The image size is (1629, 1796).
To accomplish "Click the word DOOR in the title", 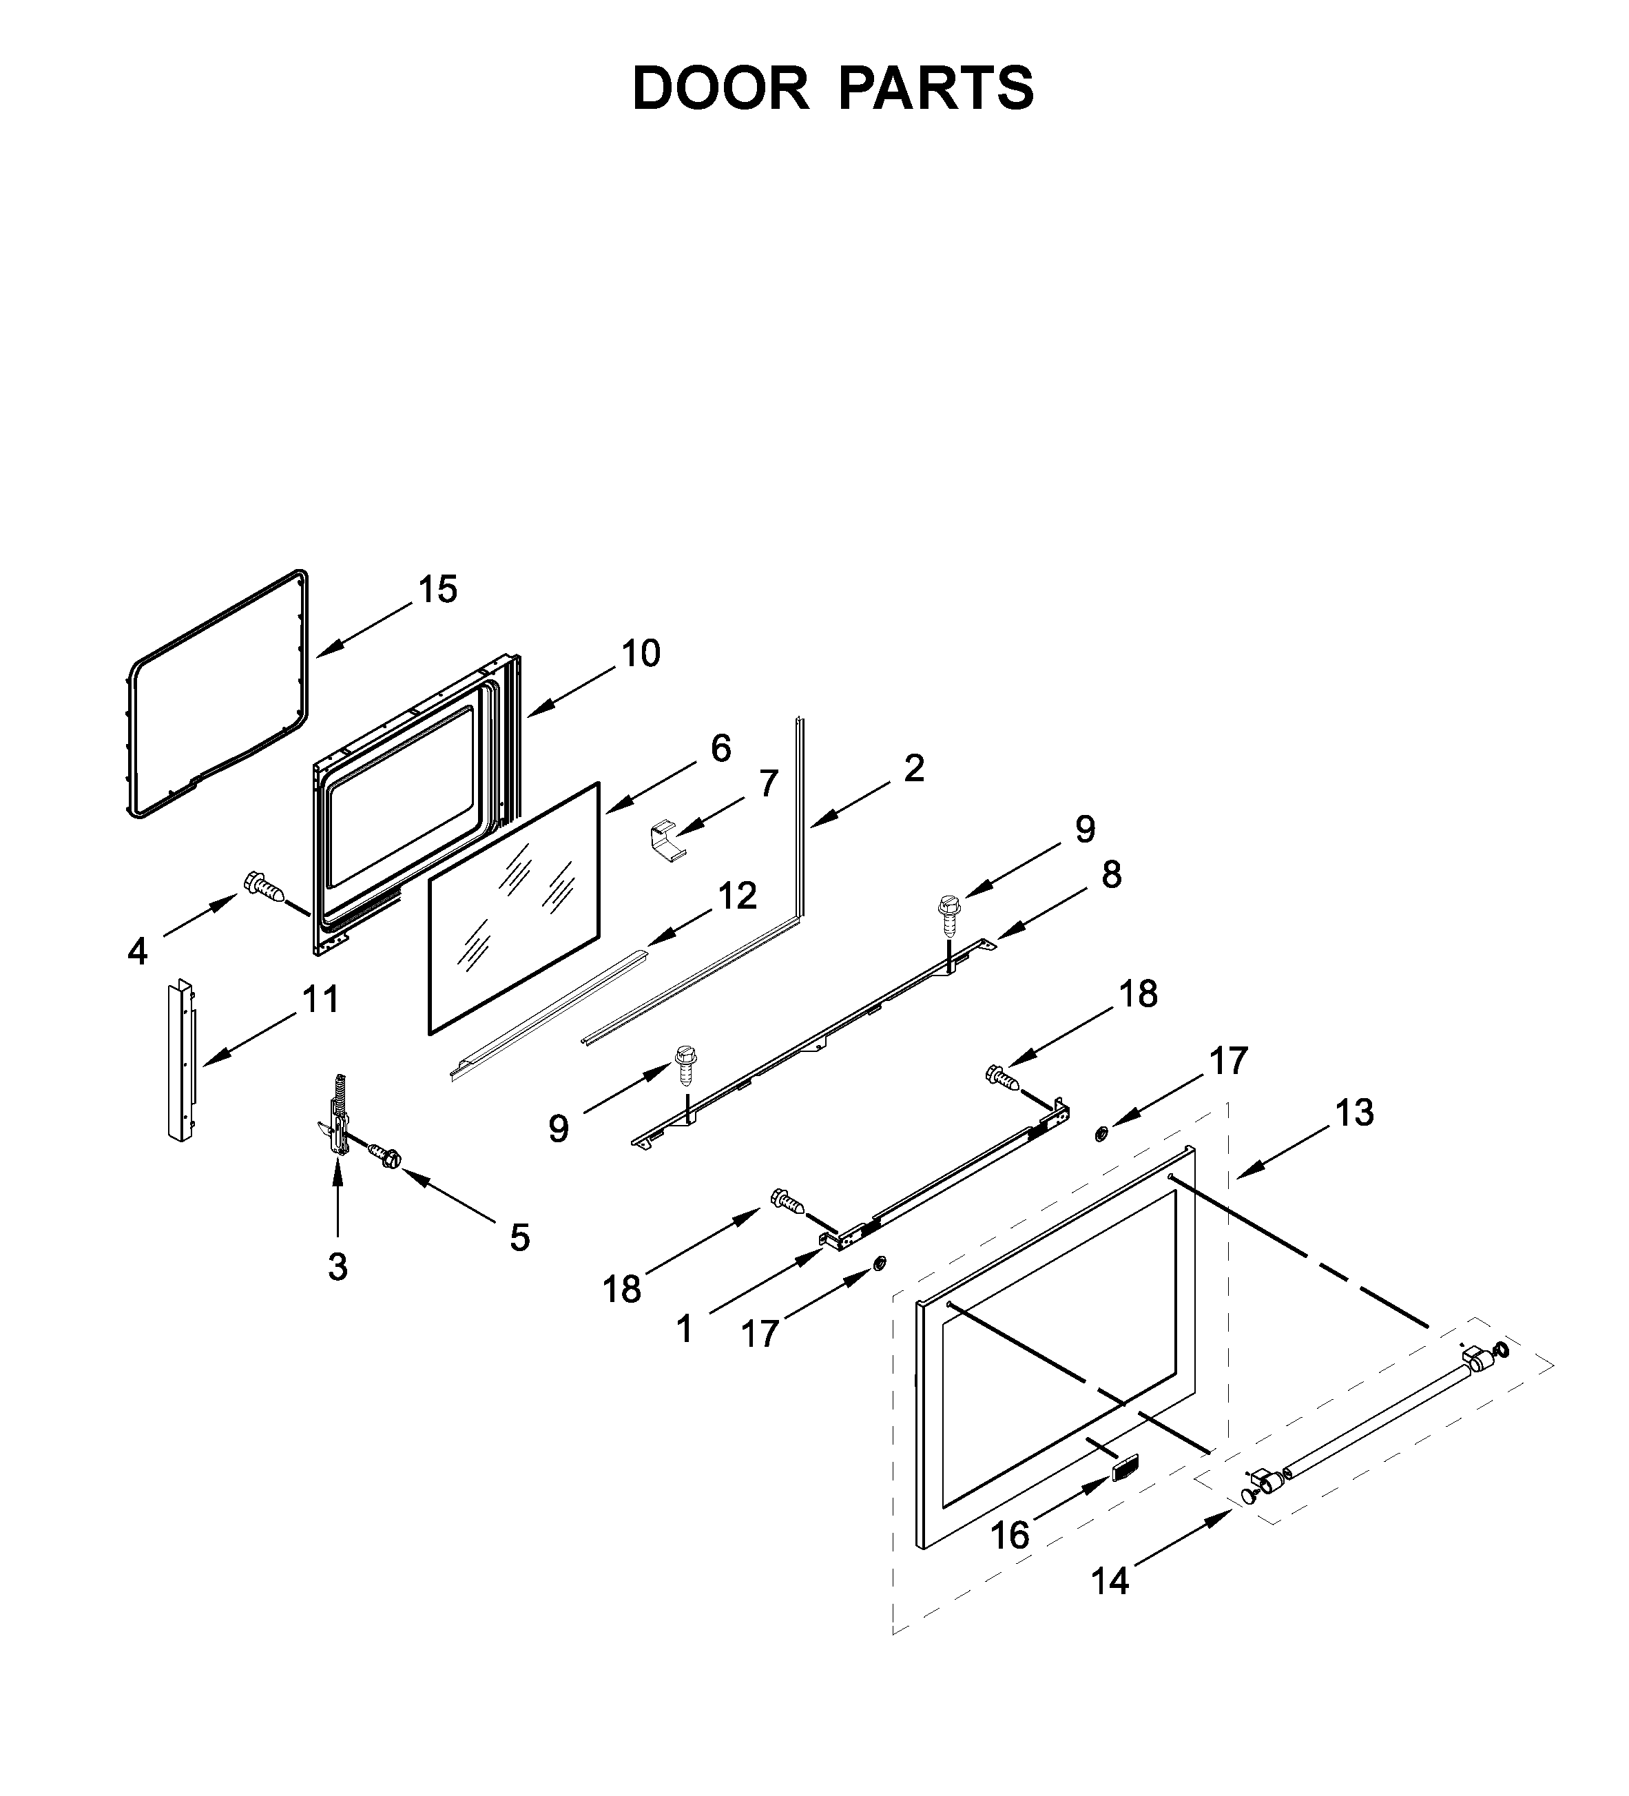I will tap(720, 88).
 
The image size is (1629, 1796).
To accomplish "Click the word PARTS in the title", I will tap(935, 88).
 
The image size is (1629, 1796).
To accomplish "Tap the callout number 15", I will tap(438, 590).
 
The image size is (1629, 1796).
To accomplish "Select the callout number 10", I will tap(641, 654).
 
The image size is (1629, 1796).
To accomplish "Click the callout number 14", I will tap(1110, 1581).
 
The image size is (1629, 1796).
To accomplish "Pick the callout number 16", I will tap(1010, 1535).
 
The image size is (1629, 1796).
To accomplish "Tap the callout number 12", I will tap(738, 896).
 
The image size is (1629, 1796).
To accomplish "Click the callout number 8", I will tap(1110, 875).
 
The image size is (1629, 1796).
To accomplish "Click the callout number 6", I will tap(720, 748).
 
